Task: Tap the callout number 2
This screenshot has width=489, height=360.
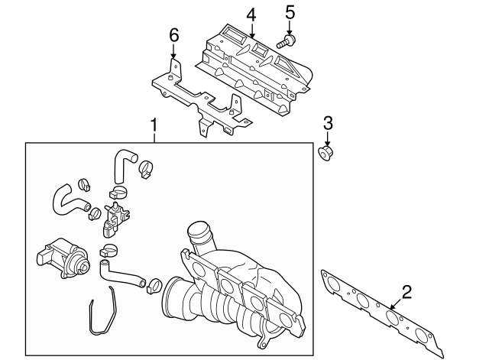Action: [x=406, y=290]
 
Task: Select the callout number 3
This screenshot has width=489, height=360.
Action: [x=327, y=122]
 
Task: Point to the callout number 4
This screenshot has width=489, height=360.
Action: [x=251, y=15]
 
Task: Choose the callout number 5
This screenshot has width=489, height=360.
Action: [x=289, y=11]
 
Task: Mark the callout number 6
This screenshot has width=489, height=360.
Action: [x=173, y=35]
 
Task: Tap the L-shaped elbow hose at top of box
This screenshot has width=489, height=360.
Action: [x=123, y=164]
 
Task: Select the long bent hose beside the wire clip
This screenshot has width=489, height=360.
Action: [x=122, y=273]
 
